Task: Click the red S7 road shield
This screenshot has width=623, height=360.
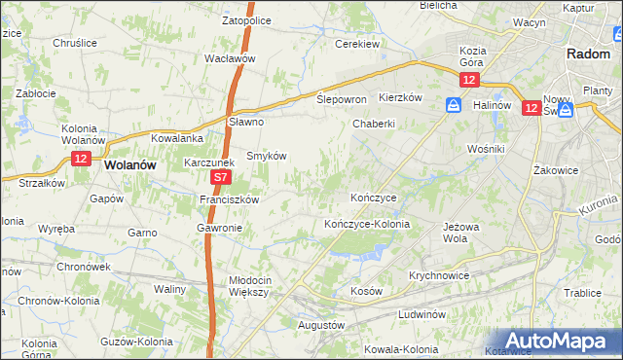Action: pyautogui.click(x=221, y=178)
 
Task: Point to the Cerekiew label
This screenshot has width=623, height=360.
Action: pyautogui.click(x=356, y=44)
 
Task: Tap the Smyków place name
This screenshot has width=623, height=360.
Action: pyautogui.click(x=265, y=156)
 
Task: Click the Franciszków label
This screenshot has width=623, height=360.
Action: pyautogui.click(x=228, y=199)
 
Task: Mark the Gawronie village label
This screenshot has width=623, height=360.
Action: pyautogui.click(x=219, y=228)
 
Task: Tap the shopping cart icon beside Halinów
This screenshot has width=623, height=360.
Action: pyautogui.click(x=455, y=104)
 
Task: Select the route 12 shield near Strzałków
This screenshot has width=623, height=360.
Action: pyautogui.click(x=80, y=159)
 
